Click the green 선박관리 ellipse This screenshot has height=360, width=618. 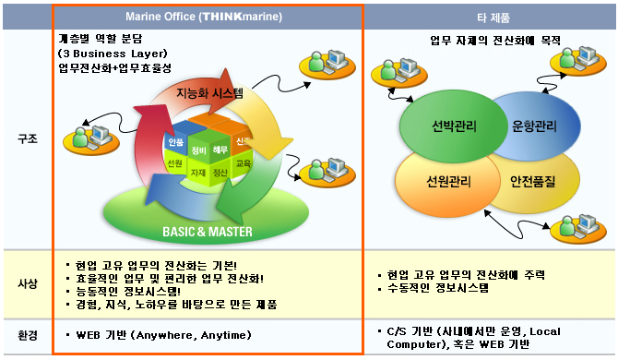tap(444, 126)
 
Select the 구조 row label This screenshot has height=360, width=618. tap(28, 138)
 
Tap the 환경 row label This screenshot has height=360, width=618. tap(28, 334)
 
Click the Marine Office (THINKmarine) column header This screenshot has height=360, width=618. tap(208, 17)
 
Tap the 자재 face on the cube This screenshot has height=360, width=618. tap(198, 173)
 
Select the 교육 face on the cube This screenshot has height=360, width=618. tap(244, 162)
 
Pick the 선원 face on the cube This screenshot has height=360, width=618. tap(174, 162)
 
